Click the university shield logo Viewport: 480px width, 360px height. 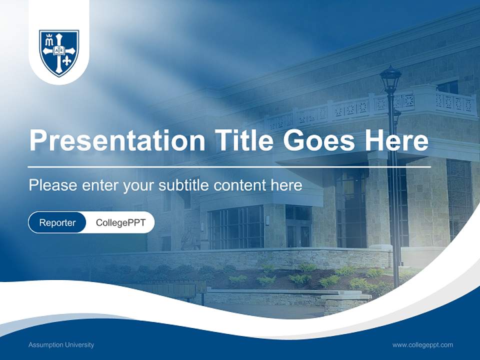click(59, 52)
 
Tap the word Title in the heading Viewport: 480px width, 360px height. click(241, 140)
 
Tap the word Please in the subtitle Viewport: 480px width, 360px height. click(52, 185)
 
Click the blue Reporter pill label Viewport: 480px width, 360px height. click(57, 222)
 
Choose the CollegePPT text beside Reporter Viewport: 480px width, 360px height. click(120, 222)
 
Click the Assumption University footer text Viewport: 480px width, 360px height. click(61, 345)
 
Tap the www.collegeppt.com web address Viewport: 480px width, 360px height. click(422, 345)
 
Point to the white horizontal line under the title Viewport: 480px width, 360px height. click(229, 166)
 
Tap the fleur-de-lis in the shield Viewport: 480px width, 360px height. click(68, 60)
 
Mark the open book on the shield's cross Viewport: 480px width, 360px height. click(59, 50)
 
